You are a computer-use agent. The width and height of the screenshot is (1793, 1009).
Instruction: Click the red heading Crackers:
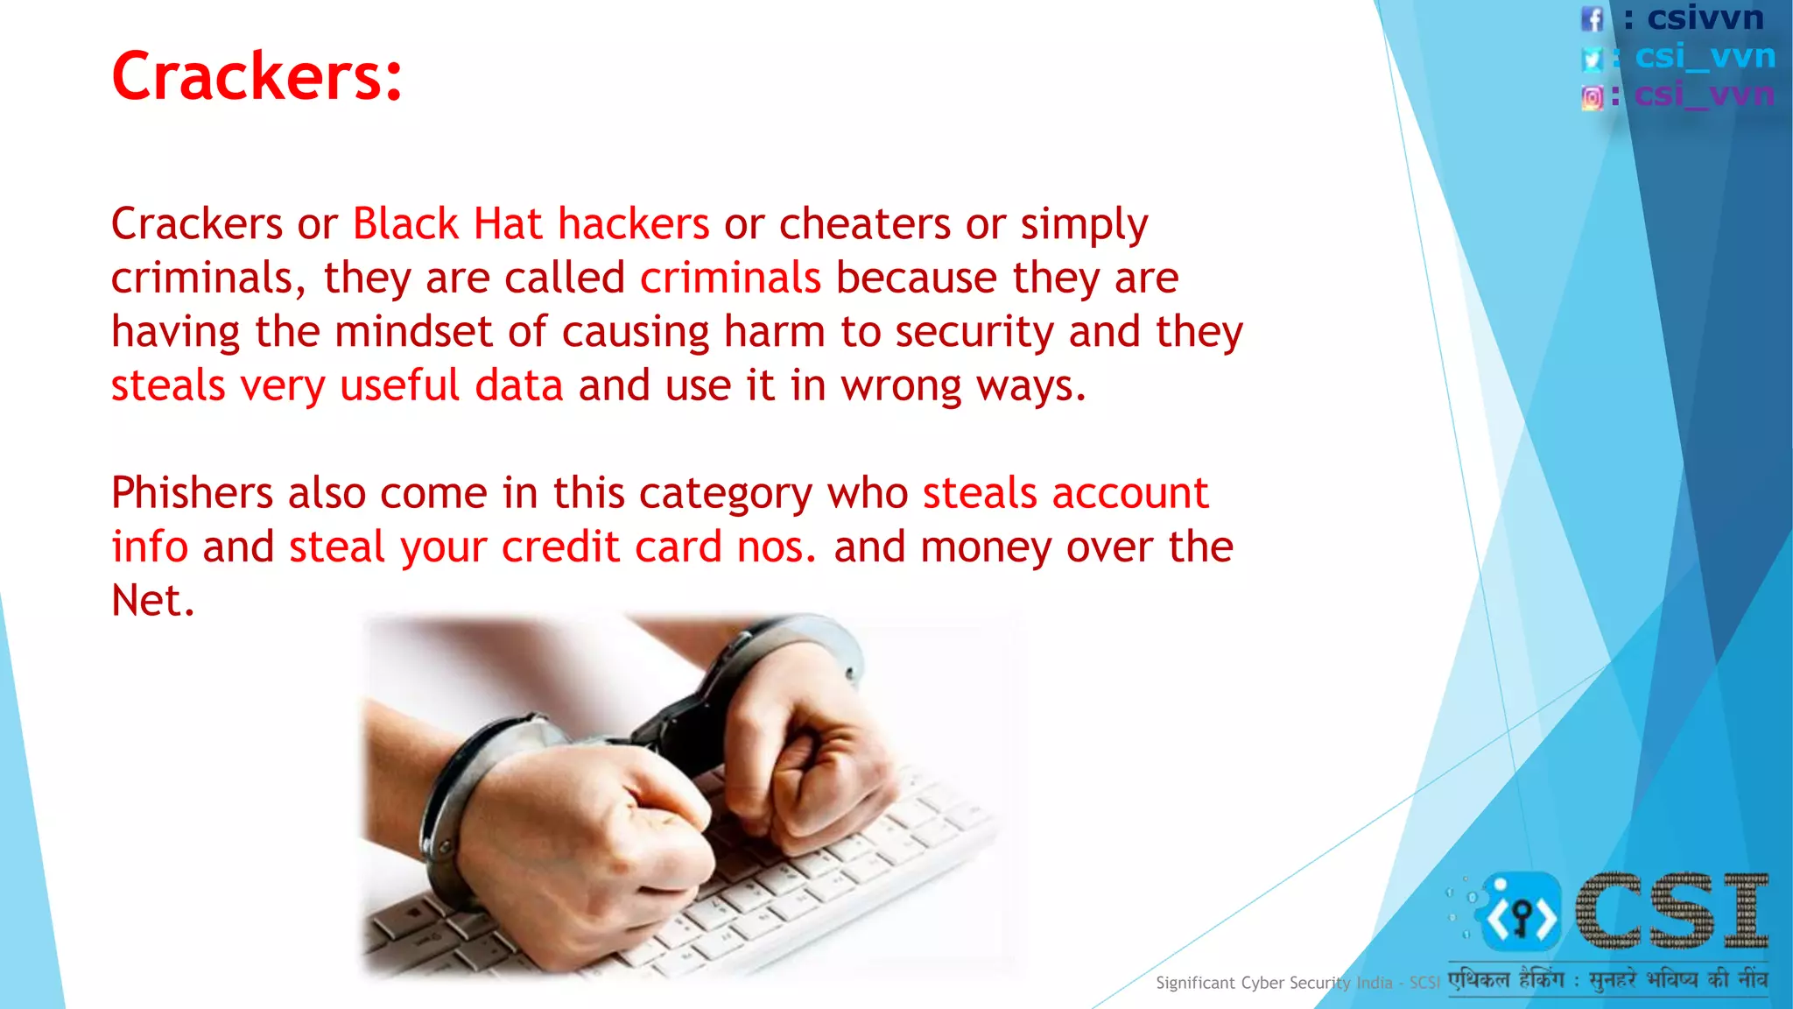257,77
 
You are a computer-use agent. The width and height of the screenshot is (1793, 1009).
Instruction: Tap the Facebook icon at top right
1593,18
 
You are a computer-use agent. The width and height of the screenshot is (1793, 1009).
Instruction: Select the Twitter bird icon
1593,59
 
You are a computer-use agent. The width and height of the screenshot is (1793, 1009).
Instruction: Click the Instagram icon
1593,97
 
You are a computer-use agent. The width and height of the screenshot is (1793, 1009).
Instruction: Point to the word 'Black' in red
405,224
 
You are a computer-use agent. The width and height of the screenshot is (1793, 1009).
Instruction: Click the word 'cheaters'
864,224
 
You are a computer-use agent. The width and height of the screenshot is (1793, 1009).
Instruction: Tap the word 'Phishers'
192,493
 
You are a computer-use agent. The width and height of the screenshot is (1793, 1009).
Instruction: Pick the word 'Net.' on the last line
152,601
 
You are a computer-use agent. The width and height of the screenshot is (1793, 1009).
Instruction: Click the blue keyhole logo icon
1522,913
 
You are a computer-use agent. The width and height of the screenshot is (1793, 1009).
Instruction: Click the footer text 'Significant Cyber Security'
1252,983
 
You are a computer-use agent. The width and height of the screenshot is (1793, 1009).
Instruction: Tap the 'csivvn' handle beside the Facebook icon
1705,18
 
